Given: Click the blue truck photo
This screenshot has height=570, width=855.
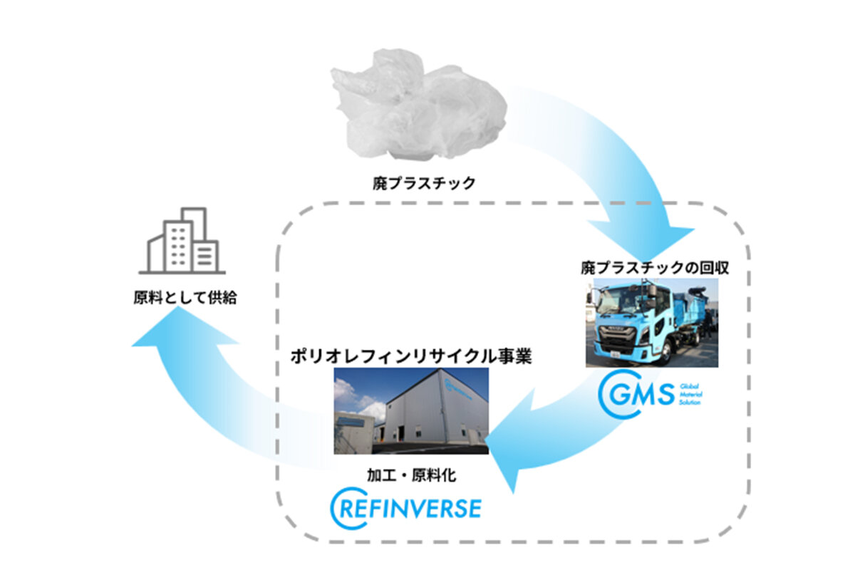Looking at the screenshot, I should point(651,323).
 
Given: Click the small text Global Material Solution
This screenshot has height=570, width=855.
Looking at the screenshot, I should point(691,393).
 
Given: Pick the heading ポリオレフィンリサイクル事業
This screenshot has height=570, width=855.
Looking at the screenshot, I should point(410,356).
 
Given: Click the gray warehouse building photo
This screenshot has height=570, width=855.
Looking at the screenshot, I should point(411,410).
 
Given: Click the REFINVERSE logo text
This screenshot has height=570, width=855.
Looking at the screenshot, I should point(417,508).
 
